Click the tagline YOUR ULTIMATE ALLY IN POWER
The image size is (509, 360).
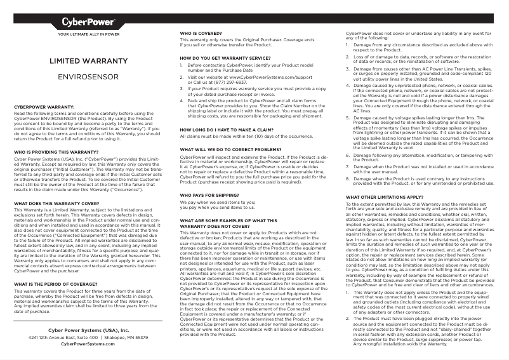88,33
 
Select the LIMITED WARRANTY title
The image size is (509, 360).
89,62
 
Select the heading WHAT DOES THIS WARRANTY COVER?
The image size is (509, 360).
58,203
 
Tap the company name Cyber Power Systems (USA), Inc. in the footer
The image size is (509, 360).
88,330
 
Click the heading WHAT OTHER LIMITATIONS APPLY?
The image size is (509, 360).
384,197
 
